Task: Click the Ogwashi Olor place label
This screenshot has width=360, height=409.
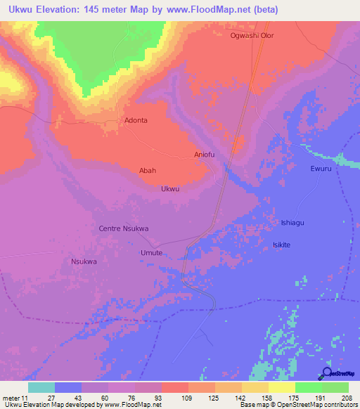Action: pyautogui.click(x=252, y=35)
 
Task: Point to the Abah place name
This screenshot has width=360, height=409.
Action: pyautogui.click(x=148, y=170)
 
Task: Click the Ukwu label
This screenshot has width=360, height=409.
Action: pyautogui.click(x=170, y=189)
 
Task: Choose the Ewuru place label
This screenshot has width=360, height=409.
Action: pyautogui.click(x=320, y=169)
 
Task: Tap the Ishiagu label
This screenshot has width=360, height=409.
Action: pyautogui.click(x=290, y=222)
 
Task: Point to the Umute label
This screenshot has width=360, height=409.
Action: pyautogui.click(x=151, y=252)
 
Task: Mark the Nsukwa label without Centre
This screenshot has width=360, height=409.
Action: pyautogui.click(x=84, y=261)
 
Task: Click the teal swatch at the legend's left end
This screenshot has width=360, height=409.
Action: pyautogui.click(x=41, y=387)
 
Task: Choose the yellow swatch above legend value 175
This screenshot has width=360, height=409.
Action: pyautogui.click(x=281, y=387)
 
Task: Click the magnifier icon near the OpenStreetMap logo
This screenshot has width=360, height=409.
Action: pyautogui.click(x=327, y=373)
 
